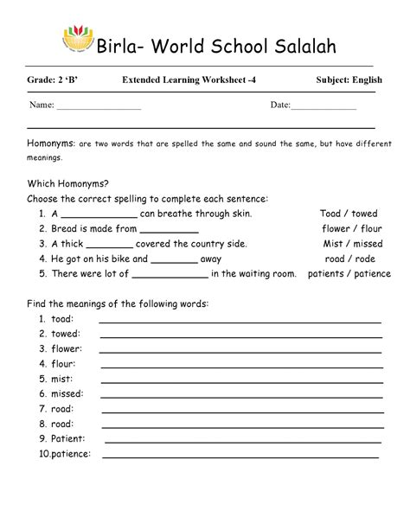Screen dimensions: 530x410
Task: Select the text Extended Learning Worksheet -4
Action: coord(189,80)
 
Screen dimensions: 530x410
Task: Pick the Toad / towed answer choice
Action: coord(348,214)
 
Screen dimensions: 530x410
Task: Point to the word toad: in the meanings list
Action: coord(61,319)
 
